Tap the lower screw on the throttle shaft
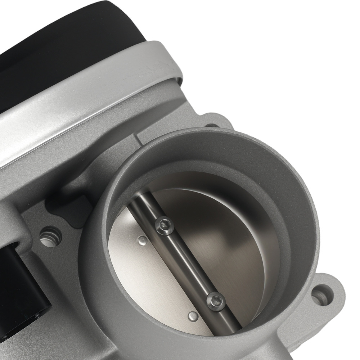click(x=216, y=301)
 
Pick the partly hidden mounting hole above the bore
click(x=212, y=126)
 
